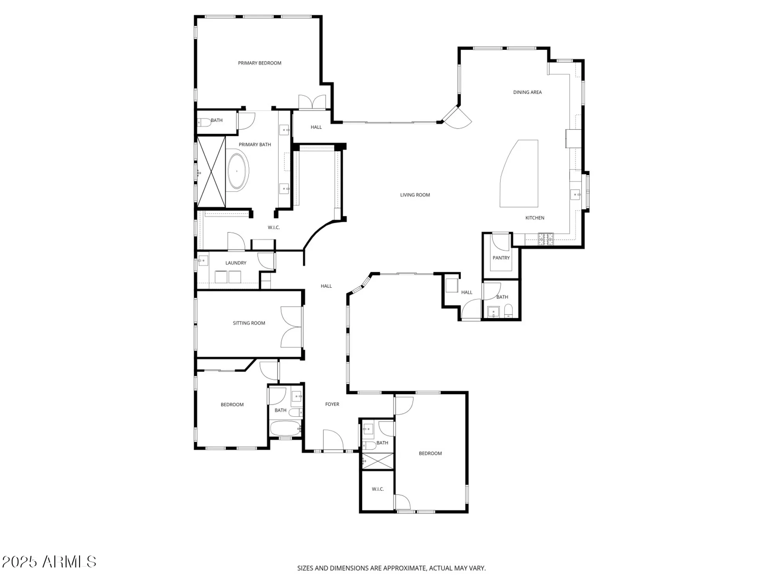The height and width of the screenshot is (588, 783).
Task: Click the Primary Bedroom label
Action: coord(260,63)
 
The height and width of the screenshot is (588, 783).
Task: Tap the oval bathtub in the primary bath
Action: coord(237,172)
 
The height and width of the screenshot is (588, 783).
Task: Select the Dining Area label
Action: coord(527,93)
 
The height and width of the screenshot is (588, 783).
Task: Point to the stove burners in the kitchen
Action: coord(546,239)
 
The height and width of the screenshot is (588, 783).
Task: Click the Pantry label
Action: coord(501,258)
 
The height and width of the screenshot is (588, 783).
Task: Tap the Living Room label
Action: coord(415,195)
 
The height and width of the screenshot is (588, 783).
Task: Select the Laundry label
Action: coord(236,263)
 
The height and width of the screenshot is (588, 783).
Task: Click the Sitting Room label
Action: coord(249,323)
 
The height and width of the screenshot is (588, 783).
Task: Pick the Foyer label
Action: coord(332,404)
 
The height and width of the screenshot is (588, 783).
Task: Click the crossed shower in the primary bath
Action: coord(211,172)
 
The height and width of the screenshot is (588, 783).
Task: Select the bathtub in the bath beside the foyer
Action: coord(285,428)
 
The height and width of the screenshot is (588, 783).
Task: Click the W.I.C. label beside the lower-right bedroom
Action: coord(378,489)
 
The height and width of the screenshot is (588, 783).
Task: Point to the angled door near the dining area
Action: coord(458,118)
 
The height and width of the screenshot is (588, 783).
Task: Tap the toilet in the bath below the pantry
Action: coord(508,311)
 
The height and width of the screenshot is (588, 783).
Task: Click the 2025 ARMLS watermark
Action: coord(49,562)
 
